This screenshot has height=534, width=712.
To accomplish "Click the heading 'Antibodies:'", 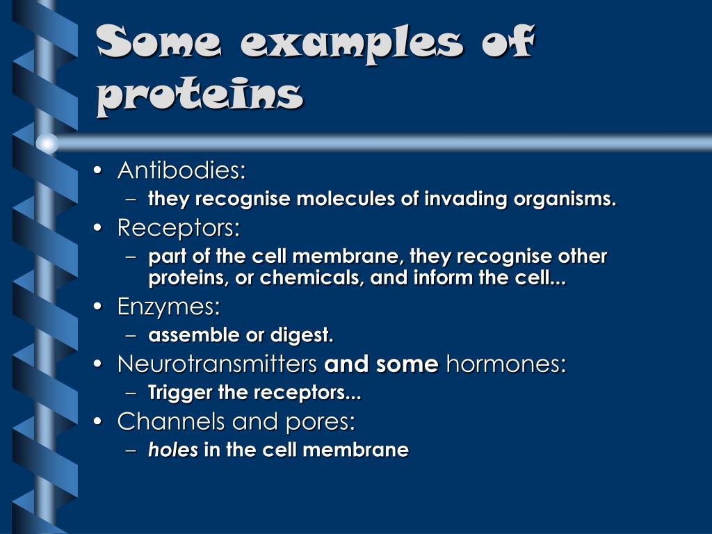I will tap(181, 170).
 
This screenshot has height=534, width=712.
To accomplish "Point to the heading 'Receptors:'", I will tap(179, 227).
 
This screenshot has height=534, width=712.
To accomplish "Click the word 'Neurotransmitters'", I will tap(218, 364).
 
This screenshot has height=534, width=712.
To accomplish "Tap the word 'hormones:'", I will tap(505, 364).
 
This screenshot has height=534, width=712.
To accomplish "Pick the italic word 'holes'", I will tap(173, 451).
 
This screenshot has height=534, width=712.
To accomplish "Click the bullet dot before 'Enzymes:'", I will tap(102, 307).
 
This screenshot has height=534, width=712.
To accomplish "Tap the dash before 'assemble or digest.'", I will tap(133, 336).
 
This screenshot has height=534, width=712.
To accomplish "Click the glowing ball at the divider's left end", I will tap(47, 143).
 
